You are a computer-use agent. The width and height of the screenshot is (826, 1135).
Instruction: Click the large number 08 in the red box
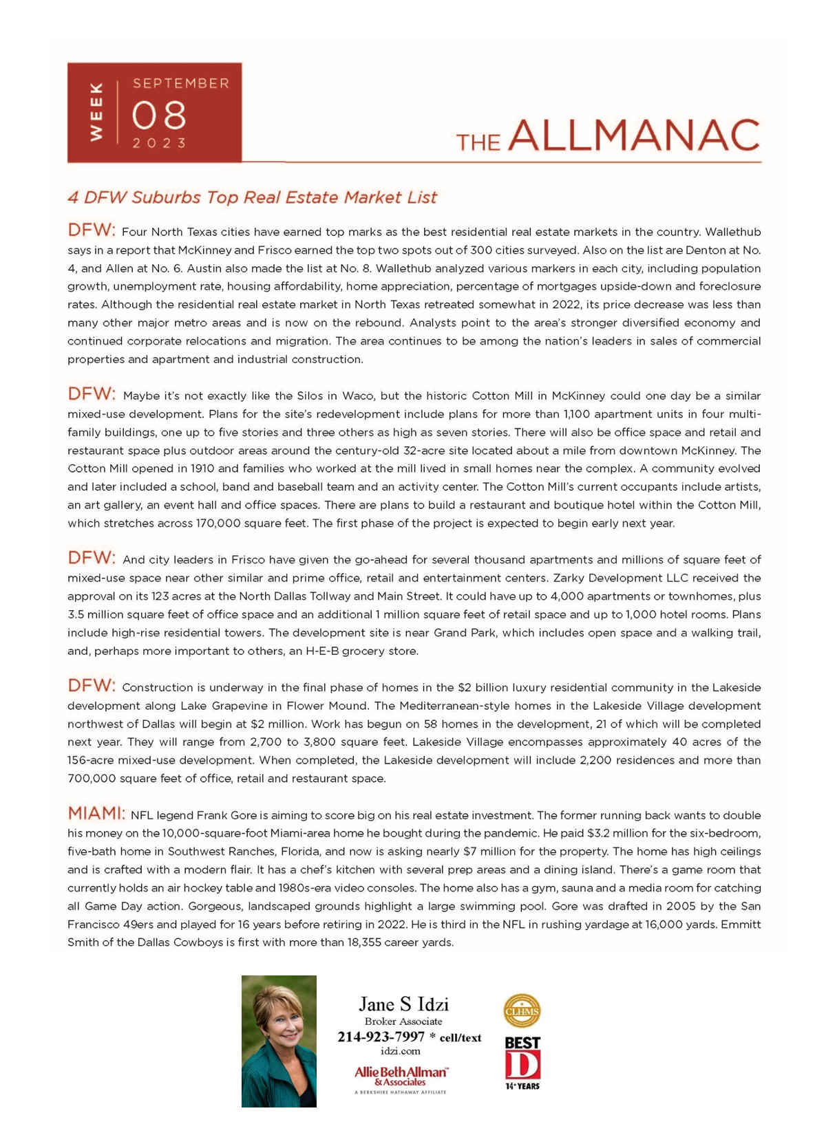pyautogui.click(x=159, y=114)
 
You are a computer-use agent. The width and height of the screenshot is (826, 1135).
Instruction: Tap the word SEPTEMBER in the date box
pyautogui.click(x=181, y=83)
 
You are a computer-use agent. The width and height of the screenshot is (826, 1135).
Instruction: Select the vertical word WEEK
pyautogui.click(x=96, y=112)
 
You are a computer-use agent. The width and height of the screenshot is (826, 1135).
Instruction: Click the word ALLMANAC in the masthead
pyautogui.click(x=634, y=136)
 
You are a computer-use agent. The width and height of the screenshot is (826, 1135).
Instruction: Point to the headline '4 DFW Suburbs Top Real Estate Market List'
pyautogui.click(x=252, y=197)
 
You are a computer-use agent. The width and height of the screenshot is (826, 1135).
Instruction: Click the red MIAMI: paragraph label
pyautogui.click(x=96, y=814)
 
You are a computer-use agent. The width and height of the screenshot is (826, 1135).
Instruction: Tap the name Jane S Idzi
pyautogui.click(x=403, y=1004)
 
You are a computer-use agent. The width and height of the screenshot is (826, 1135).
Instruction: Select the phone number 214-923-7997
pyautogui.click(x=381, y=1037)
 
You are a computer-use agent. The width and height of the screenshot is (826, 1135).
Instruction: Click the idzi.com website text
pyautogui.click(x=400, y=1051)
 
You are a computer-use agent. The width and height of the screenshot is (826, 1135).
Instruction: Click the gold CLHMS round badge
pyautogui.click(x=522, y=1011)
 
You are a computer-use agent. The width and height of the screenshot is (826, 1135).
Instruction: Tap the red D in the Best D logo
pyautogui.click(x=522, y=1065)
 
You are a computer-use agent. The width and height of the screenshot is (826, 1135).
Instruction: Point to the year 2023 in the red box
pyautogui.click(x=159, y=143)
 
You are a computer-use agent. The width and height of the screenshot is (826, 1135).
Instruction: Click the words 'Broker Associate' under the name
pyautogui.click(x=403, y=1021)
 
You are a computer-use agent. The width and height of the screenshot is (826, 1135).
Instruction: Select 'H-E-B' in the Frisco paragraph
pyautogui.click(x=322, y=651)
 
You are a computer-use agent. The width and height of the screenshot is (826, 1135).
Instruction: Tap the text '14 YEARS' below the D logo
pyautogui.click(x=522, y=1086)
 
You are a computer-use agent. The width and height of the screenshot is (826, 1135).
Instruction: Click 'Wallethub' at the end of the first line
pyautogui.click(x=733, y=232)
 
